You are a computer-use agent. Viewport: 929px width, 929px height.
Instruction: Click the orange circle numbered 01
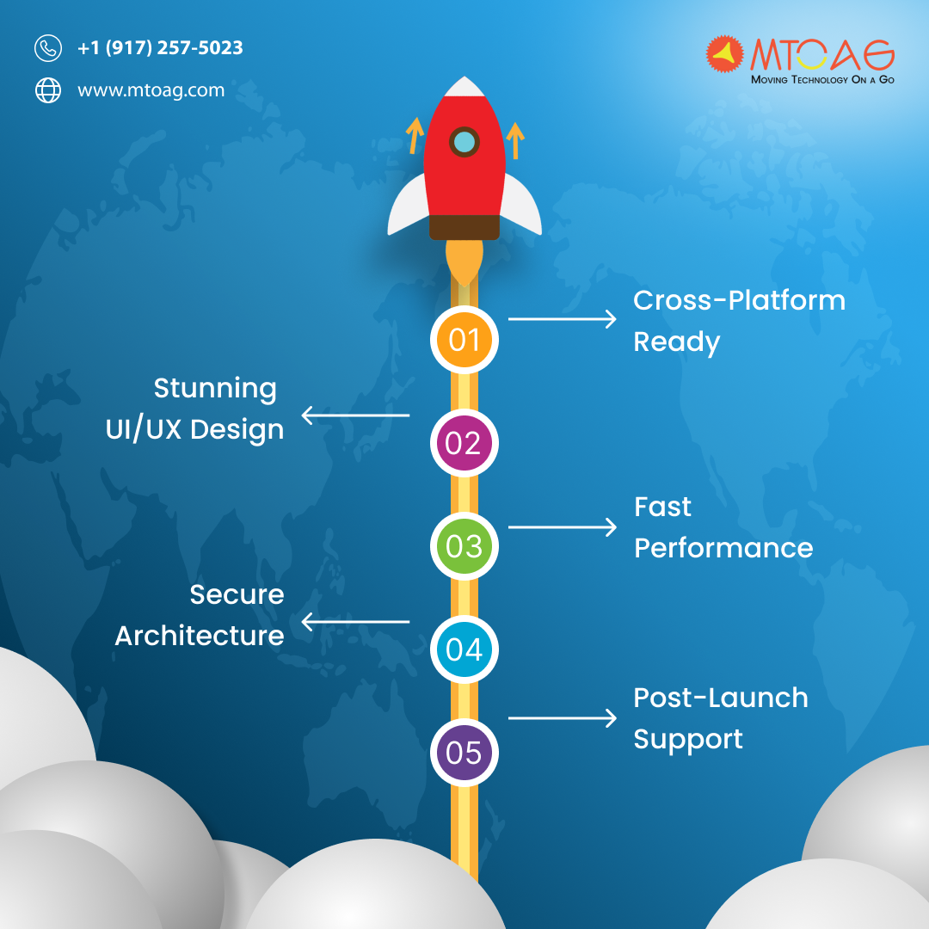pos(464,340)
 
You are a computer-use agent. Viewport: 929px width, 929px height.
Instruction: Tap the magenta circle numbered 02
pos(464,443)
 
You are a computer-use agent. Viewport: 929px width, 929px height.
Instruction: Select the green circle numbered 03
pos(464,545)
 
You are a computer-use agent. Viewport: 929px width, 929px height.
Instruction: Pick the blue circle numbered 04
pos(464,649)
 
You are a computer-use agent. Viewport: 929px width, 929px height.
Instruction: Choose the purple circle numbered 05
pos(464,753)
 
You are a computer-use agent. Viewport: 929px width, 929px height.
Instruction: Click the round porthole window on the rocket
pos(464,142)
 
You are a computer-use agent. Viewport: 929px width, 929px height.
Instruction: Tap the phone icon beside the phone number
pos(48,48)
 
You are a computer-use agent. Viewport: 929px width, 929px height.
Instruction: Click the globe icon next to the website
pos(48,90)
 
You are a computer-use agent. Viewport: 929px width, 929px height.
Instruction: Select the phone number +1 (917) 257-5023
pos(160,47)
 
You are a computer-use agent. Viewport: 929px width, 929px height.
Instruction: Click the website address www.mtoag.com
pos(151,90)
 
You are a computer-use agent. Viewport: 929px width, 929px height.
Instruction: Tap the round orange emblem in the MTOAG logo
pos(724,54)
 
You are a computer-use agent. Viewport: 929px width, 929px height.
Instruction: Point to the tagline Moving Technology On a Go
pos(822,79)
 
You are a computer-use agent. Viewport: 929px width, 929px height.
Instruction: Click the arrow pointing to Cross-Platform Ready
pos(563,319)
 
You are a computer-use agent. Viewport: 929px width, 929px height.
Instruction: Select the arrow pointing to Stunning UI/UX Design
pos(355,415)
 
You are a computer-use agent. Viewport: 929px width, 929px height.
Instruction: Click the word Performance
pos(723,548)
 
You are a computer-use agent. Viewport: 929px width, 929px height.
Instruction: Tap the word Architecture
pos(200,636)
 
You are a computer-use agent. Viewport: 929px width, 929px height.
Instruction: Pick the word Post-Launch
pos(721,698)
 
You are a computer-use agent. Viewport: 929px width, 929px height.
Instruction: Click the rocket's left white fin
pos(409,206)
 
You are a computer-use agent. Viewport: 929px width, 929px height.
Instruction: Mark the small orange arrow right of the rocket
pos(515,140)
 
